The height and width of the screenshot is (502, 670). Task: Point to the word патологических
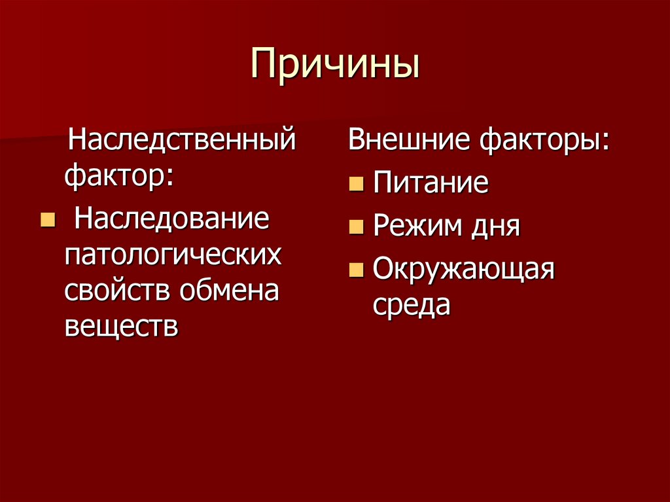pos(173,255)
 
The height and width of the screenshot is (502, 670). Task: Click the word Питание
pos(431,184)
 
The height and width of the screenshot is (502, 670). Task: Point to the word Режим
pos(410,226)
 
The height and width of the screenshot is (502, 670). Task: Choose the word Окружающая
pos(464,269)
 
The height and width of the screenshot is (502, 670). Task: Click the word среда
pos(412,304)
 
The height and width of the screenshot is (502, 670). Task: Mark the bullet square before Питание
pos(355,184)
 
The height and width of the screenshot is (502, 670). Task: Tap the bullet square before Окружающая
pos(355,269)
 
